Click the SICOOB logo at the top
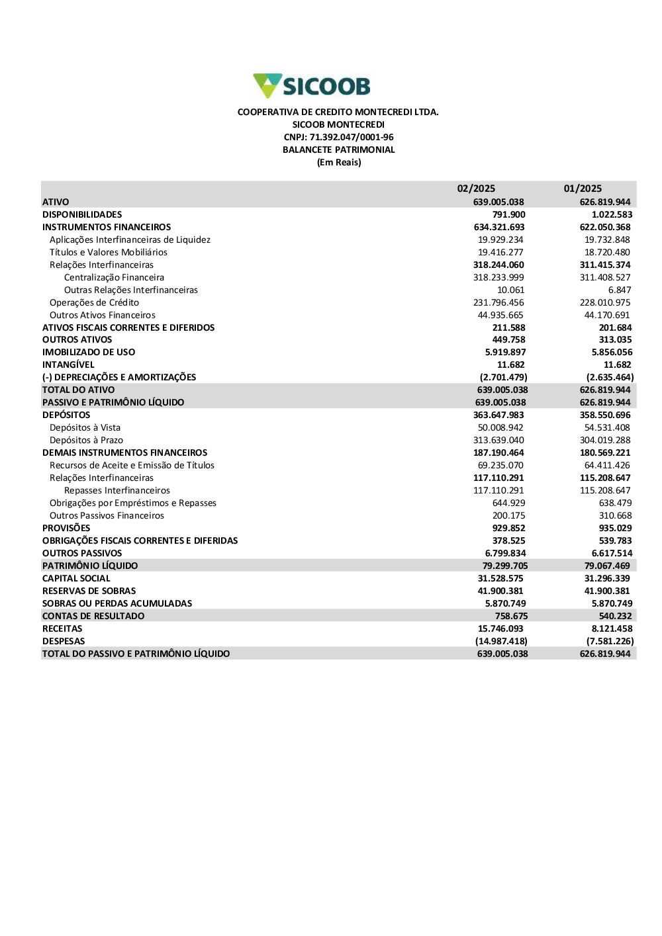(312, 86)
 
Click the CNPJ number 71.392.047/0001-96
(338, 137)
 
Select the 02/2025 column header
(476, 189)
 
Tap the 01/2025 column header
(583, 189)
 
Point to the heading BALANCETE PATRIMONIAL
(338, 149)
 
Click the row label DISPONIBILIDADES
(82, 214)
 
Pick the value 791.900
(508, 214)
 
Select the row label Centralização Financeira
(114, 277)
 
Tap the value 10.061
(510, 290)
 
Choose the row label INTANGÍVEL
(68, 364)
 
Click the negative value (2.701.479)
(503, 377)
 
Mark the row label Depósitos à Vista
(85, 427)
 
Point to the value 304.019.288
(605, 440)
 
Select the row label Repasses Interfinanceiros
(117, 490)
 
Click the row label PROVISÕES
(66, 528)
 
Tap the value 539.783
(615, 540)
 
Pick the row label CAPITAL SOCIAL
(76, 578)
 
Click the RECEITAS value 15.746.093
(500, 628)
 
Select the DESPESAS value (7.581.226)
(610, 641)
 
